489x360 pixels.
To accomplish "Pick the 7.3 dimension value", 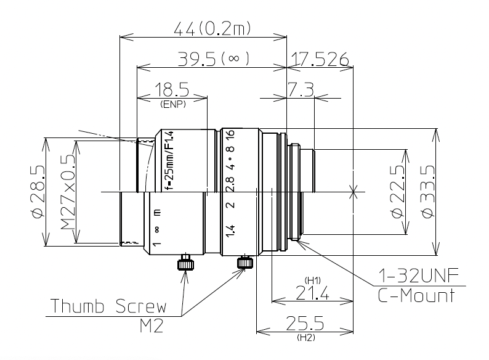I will (301, 90).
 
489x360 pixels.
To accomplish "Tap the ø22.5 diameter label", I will (397, 192).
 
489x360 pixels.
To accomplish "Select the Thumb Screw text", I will (108, 306).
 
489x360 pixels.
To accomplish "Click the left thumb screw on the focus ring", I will (184, 263).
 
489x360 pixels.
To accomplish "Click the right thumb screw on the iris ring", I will (245, 263).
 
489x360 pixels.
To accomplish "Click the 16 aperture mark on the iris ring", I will (230, 137).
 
